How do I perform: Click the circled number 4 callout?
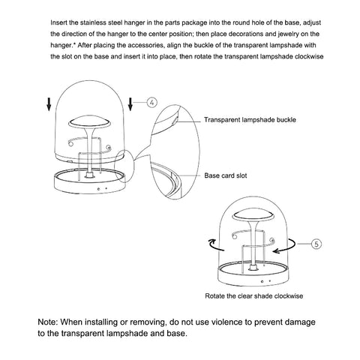[151, 103]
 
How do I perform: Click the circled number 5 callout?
[316, 244]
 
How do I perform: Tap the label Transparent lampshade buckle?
[250, 120]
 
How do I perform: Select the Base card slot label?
[226, 175]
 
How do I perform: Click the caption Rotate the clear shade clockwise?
[254, 296]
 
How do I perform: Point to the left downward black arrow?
[49, 104]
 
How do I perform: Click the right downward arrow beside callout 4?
[130, 104]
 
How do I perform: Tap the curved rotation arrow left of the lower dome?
[216, 244]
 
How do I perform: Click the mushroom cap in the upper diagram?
[89, 121]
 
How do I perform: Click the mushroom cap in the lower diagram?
[253, 215]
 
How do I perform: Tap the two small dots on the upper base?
[103, 189]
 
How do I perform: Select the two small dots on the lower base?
[266, 281]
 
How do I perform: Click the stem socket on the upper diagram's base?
[89, 175]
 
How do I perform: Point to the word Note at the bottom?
[47, 322]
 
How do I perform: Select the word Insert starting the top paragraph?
[58, 22]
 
